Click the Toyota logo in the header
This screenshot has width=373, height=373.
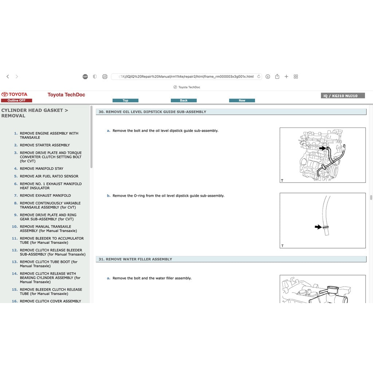14,94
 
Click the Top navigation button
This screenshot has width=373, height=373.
125,101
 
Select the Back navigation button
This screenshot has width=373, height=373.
184,101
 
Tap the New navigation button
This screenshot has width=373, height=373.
242,101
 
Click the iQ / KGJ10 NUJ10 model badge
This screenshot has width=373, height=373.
343,96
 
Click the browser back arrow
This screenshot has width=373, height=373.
8,76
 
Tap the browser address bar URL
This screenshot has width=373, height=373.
186,76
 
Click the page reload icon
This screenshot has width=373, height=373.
259,76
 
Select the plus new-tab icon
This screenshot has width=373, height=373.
286,76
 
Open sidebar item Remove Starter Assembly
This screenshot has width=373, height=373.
45,145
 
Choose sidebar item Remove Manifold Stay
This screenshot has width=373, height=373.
42,169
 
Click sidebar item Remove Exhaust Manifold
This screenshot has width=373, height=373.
46,196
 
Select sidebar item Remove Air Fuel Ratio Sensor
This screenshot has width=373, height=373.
49,176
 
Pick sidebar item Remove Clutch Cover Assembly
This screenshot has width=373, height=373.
50,301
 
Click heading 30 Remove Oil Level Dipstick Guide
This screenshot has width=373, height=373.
152,112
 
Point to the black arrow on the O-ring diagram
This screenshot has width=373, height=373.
318,227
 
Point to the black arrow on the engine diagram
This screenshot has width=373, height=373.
323,148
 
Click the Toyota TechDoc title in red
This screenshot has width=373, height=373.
66,95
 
